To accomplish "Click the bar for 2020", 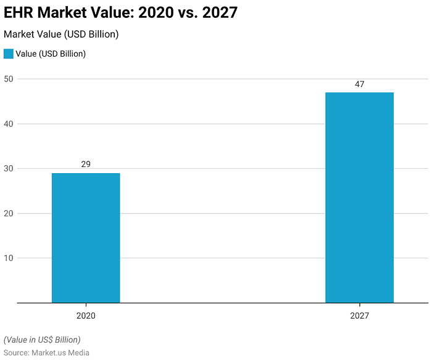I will tap(86, 238).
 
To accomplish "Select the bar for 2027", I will tap(359, 197).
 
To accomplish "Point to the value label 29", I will tap(86, 165).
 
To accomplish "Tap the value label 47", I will tap(359, 84).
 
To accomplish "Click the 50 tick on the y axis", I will tap(9, 79).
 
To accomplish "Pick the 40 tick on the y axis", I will tap(9, 124).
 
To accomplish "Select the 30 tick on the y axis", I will tap(9, 168).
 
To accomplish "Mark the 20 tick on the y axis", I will tap(9, 213).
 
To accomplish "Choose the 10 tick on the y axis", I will tap(9, 258).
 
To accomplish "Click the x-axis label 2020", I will tap(86, 316).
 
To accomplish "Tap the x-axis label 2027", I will tap(359, 316).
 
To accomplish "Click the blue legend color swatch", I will tap(9, 54).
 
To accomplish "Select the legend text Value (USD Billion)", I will tap(51, 54).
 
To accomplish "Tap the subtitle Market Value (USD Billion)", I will tap(61, 35).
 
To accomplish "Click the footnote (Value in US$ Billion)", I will tap(42, 340).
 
